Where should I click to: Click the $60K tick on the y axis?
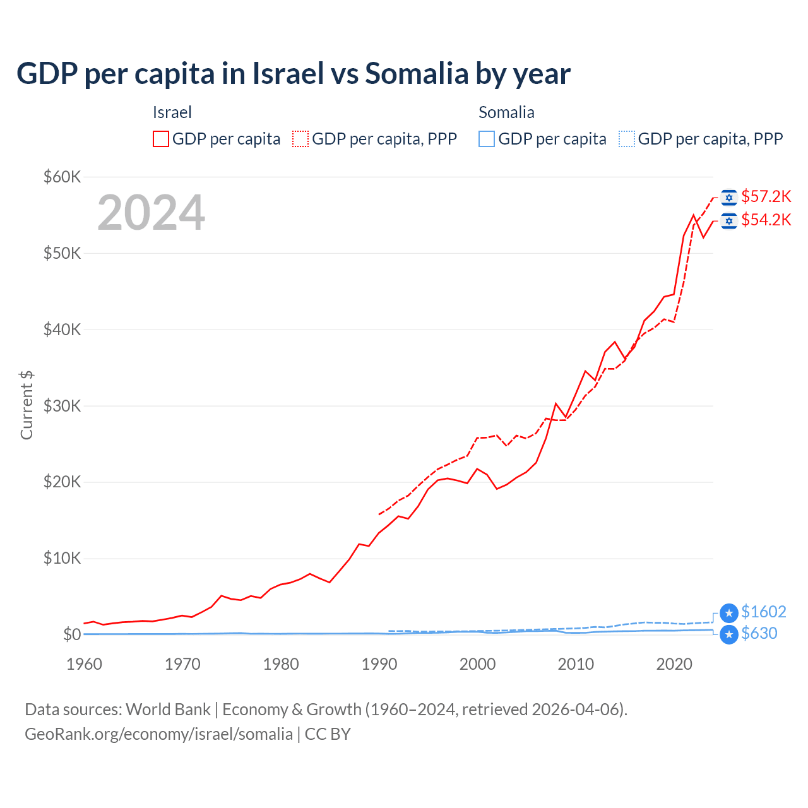tap(62, 177)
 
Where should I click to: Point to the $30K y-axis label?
tap(62, 406)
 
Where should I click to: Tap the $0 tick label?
tap(72, 634)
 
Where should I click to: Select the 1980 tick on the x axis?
tap(281, 664)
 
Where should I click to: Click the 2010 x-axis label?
tap(576, 664)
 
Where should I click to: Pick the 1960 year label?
tap(84, 664)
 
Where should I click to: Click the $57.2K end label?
tap(766, 197)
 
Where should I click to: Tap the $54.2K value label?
tap(766, 220)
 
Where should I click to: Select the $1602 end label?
tap(763, 612)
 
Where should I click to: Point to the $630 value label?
tap(759, 633)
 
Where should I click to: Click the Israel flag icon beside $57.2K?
tap(729, 198)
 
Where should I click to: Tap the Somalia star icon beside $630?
tap(729, 634)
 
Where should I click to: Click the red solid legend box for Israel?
tap(161, 139)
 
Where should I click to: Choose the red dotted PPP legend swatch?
tap(300, 139)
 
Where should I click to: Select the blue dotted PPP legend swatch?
tap(627, 139)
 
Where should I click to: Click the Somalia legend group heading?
tap(506, 112)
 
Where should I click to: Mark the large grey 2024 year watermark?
tap(151, 213)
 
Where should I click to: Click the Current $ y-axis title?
tap(27, 405)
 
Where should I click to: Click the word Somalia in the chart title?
tap(417, 74)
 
